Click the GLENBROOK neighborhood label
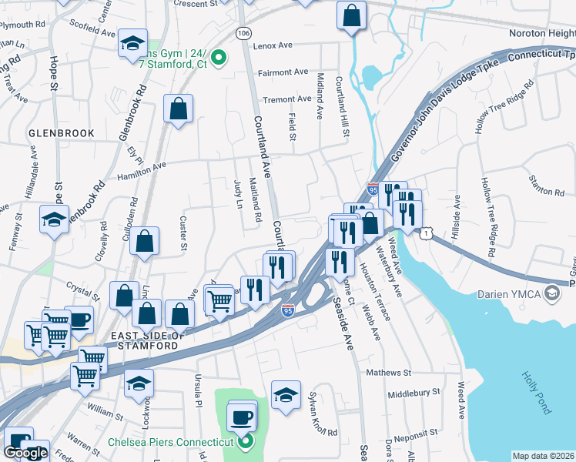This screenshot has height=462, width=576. (61, 133)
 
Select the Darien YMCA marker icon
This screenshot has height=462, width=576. (551, 293)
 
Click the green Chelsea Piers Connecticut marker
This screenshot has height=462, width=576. (245, 442)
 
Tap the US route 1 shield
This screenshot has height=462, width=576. (425, 232)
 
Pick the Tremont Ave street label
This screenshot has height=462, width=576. (286, 99)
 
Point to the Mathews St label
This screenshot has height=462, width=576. (389, 373)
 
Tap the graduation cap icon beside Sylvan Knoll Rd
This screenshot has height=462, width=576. (286, 395)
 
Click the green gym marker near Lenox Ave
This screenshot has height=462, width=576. (218, 57)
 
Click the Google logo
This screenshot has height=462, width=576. (26, 454)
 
